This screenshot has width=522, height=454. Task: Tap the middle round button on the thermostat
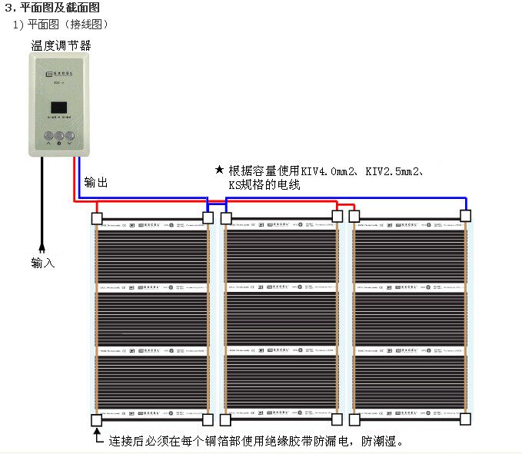pos(60,135)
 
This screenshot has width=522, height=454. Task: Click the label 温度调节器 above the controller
pos(61,45)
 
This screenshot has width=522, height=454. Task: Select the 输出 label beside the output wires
pos(96,182)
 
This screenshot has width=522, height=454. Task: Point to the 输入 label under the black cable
pos(43,263)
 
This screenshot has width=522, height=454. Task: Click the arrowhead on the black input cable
pos(42,248)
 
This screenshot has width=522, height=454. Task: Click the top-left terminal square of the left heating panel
pos(97,218)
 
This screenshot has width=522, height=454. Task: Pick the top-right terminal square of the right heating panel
pos(466,217)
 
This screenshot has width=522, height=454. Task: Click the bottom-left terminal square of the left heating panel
pos(97,420)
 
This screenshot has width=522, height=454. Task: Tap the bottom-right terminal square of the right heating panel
pos(466,419)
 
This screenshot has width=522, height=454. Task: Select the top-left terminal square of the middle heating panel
pos(226,218)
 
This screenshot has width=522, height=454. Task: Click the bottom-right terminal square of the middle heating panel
pos(337,419)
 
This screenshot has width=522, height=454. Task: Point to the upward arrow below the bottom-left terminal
pos(97,437)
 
